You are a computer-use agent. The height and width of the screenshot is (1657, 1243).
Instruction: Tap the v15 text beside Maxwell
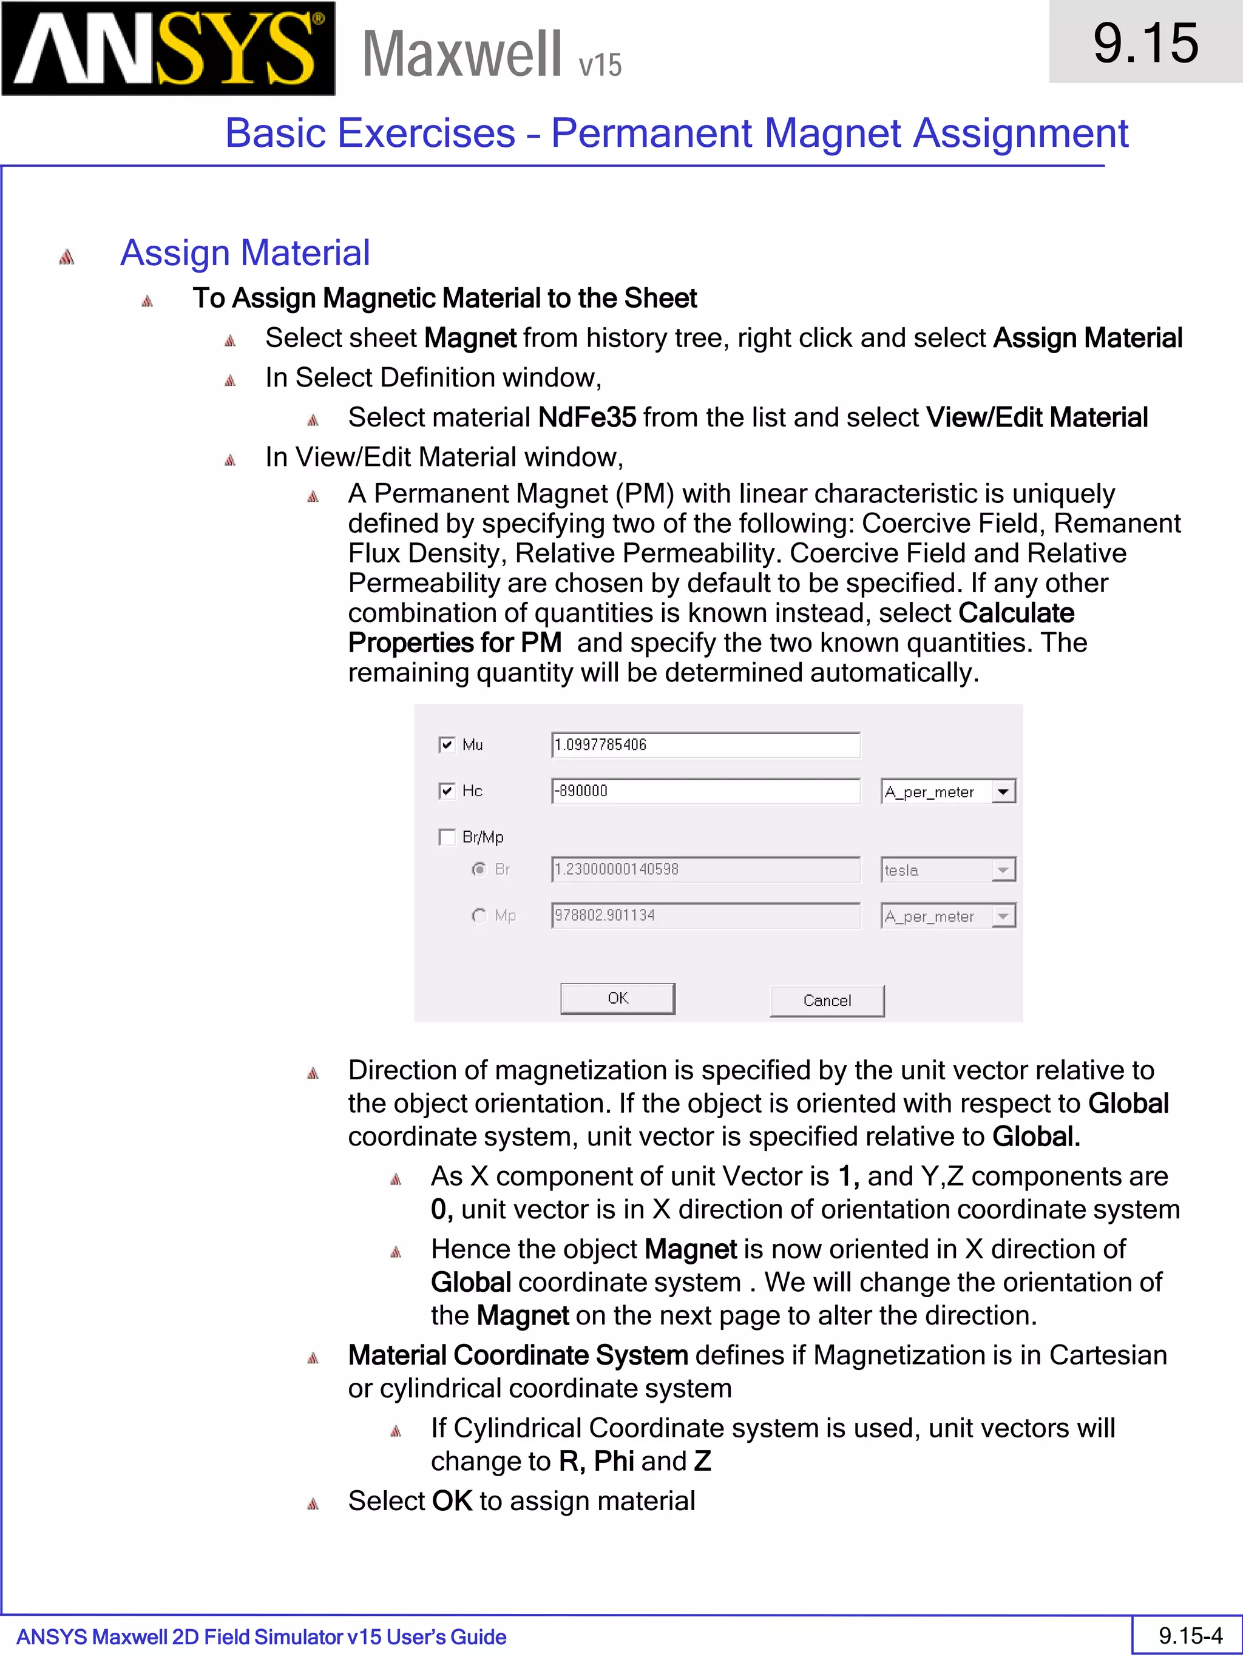[x=600, y=65]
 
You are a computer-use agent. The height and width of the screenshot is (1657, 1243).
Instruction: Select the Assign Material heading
[x=245, y=253]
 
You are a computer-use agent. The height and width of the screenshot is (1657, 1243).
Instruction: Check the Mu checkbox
[x=447, y=744]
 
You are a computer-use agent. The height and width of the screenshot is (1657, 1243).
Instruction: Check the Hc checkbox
[x=447, y=791]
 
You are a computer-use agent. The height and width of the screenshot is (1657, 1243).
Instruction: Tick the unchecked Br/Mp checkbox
[x=447, y=837]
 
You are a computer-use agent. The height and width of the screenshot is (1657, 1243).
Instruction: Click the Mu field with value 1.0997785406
[x=705, y=744]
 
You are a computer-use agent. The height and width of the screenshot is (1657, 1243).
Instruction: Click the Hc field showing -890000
[x=705, y=791]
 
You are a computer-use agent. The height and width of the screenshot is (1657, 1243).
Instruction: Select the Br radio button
[x=479, y=869]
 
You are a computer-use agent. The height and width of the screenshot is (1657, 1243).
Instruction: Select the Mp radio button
[x=479, y=916]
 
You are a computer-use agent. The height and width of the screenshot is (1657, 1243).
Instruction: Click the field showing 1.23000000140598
[x=705, y=869]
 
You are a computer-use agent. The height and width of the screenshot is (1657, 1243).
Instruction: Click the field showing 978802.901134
[x=705, y=916]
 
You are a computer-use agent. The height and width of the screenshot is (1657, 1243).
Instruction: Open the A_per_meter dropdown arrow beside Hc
[x=1003, y=792]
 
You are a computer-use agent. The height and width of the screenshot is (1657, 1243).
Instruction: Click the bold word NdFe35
[x=587, y=417]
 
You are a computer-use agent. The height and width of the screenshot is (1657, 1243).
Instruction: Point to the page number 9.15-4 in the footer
[x=1190, y=1635]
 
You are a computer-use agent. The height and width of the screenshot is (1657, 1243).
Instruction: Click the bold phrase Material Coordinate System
[x=518, y=1355]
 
